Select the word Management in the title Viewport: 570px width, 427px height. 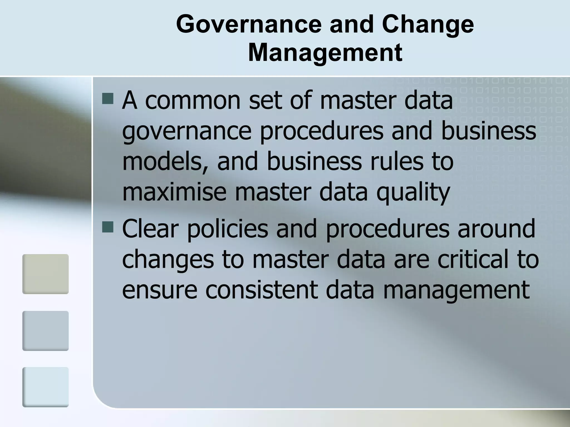click(325, 53)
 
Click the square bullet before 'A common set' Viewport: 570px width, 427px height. click(108, 98)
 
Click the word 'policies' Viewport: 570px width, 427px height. click(227, 229)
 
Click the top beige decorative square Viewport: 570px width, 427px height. click(46, 274)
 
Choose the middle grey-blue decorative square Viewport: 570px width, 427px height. click(46, 331)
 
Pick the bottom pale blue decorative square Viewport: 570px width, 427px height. click(46, 387)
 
